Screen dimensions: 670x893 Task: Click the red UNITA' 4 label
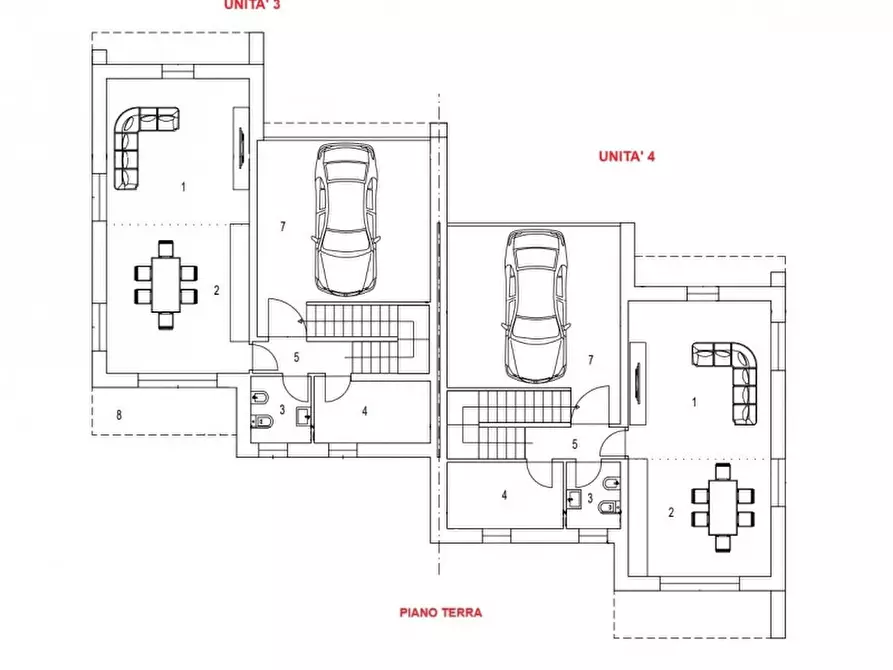click(626, 156)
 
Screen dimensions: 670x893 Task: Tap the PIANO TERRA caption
click(440, 612)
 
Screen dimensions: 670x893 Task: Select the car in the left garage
click(346, 219)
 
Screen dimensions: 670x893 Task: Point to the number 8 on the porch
click(119, 415)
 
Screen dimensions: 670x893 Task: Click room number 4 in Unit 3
click(365, 411)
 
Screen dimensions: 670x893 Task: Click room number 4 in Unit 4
click(504, 494)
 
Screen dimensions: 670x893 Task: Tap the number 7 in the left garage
click(283, 227)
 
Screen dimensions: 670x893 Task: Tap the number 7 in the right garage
click(591, 359)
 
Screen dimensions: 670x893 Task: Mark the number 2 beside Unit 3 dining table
click(216, 290)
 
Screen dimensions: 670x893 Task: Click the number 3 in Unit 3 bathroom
click(282, 410)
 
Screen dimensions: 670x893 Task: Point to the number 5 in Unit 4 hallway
click(575, 444)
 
